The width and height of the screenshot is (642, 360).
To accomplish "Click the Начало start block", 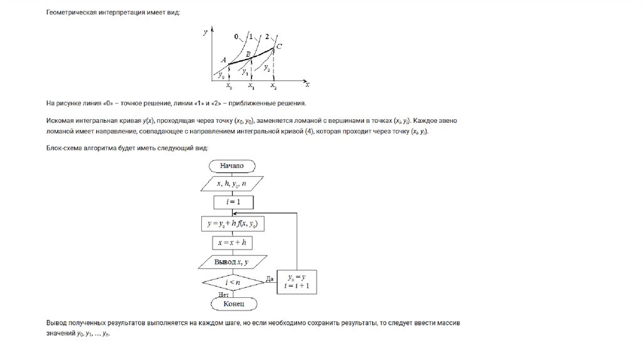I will [231, 166].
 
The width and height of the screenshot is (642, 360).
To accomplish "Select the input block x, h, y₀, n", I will [231, 184].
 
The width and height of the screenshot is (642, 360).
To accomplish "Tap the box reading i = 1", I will [231, 202].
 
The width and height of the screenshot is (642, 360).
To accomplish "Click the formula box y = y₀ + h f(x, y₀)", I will [231, 223].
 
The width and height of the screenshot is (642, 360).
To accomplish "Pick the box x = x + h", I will [231, 241].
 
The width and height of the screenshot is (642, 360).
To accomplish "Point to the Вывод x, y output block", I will [231, 262].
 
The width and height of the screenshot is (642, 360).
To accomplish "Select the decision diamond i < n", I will [231, 283].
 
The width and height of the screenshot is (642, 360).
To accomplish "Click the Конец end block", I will [231, 304].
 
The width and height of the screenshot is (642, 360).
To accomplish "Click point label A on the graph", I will [223, 60].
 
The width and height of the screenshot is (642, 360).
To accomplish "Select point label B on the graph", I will [248, 55].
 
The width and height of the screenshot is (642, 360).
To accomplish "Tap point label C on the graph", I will [279, 46].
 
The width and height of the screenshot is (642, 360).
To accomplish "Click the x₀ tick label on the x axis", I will [228, 87].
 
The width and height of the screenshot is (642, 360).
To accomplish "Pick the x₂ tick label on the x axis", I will [273, 87].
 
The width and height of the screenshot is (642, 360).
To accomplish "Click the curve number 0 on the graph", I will [236, 37].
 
